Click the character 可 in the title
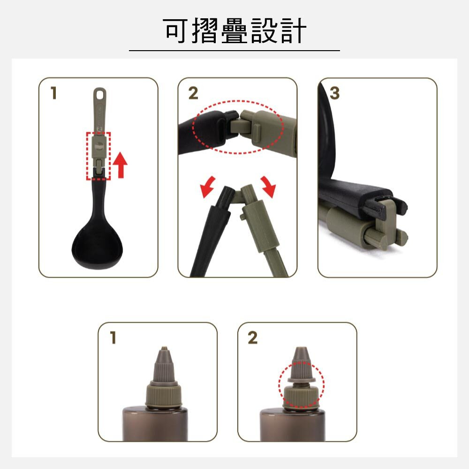tap(176, 30)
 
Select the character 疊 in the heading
tap(234, 30)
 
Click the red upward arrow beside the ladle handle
tap(121, 165)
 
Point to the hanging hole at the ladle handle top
tap(99, 94)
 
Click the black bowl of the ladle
tap(97, 245)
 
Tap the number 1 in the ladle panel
tap(54, 93)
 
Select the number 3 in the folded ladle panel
tap(334, 93)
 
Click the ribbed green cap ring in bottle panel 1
tap(164, 394)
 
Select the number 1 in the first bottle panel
tap(113, 338)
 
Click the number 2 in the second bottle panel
tap(252, 338)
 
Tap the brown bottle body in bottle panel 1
tap(155, 424)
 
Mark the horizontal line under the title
tap(234, 51)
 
